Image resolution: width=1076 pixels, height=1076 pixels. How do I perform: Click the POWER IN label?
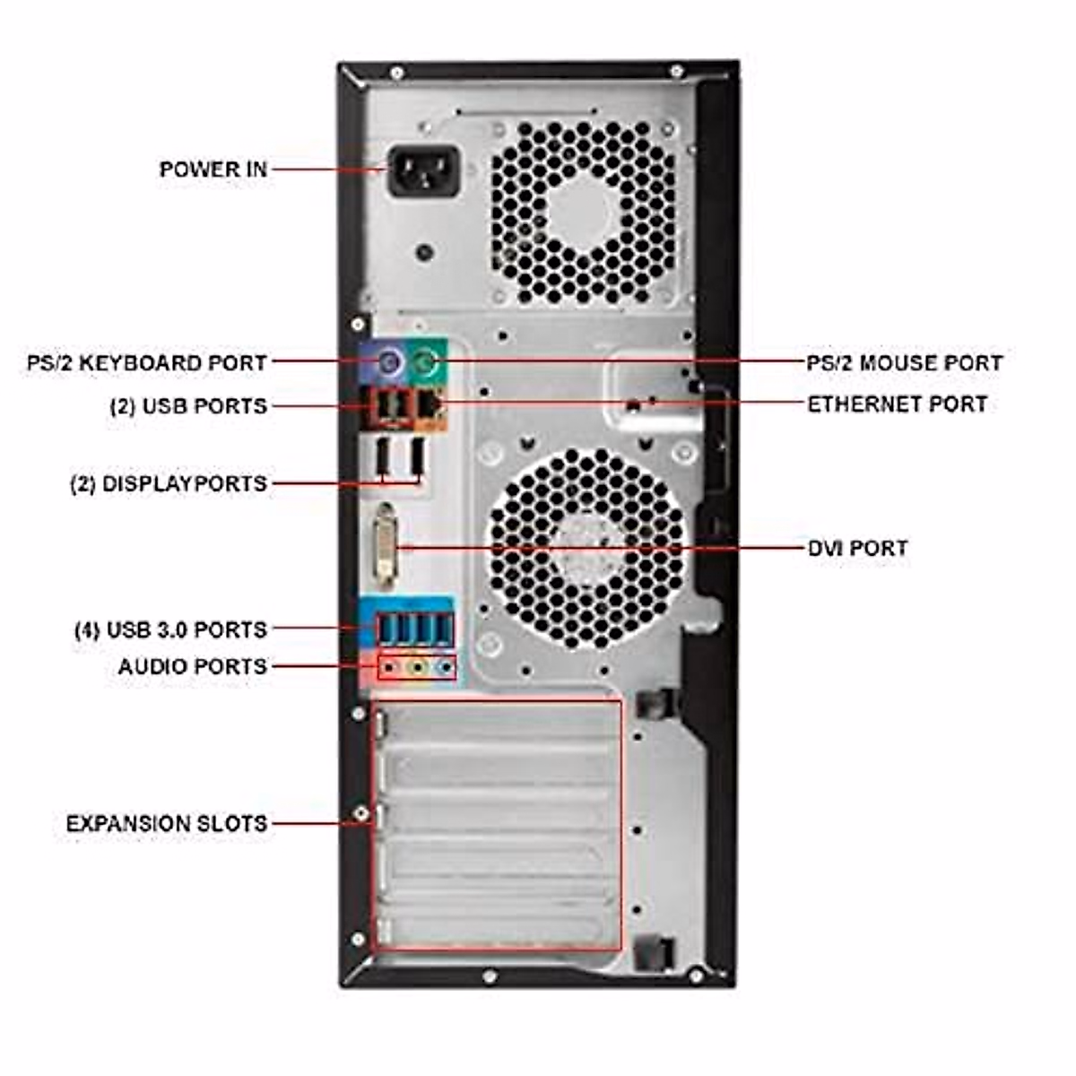pos(213,169)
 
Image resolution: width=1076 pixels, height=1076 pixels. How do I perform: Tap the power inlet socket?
pos(423,171)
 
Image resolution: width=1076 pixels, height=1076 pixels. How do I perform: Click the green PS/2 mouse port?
pos(428,363)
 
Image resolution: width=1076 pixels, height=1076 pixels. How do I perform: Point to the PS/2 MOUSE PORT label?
pos(904,363)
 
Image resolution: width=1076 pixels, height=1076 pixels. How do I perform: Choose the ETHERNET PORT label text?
pos(897,404)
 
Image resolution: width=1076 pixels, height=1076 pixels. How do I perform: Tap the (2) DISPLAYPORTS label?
pos(169,484)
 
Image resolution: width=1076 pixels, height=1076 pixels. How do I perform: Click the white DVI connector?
pos(386,546)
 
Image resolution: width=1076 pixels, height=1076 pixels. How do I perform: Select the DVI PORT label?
pos(857,548)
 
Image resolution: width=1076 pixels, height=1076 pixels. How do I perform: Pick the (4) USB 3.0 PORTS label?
pos(170,629)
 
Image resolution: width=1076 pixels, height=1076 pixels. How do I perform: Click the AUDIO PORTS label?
pos(192,666)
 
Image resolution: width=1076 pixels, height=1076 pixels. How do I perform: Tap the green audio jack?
pos(416,668)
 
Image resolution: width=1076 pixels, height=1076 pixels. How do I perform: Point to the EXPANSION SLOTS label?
pos(167,823)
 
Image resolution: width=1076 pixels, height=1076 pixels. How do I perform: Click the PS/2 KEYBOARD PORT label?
pos(147,363)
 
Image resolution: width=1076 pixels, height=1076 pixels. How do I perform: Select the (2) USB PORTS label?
pos(188,405)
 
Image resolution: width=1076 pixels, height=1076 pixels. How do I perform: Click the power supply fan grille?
pos(584,213)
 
